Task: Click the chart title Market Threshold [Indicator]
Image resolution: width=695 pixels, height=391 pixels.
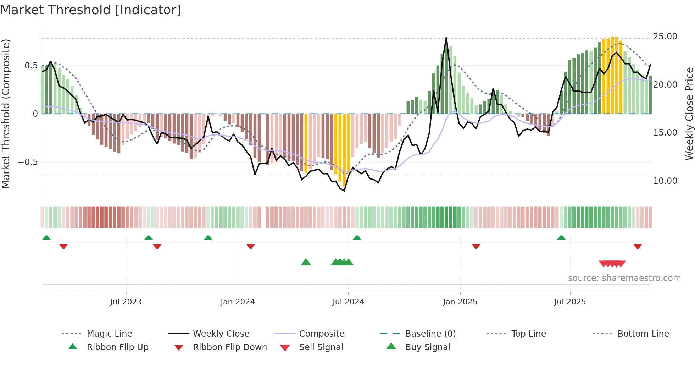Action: click(91, 10)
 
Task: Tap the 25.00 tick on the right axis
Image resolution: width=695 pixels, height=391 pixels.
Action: click(665, 37)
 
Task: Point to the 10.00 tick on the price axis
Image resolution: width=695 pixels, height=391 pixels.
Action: click(665, 181)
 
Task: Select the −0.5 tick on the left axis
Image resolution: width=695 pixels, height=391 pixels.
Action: click(28, 162)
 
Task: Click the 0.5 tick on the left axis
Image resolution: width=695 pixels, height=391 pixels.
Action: click(31, 66)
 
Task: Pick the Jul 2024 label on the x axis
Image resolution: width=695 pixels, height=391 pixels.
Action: click(348, 302)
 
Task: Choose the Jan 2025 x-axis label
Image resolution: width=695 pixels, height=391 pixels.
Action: click(460, 302)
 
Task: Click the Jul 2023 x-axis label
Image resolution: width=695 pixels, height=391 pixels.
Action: click(126, 302)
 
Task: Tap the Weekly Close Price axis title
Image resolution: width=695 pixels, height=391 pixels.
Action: click(689, 114)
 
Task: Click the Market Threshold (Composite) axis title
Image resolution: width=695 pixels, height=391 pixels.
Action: click(6, 114)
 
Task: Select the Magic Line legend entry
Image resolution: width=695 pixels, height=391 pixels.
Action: click(109, 334)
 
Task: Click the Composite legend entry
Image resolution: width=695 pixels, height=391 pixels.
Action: click(322, 334)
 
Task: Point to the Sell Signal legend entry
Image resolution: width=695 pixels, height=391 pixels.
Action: click(321, 347)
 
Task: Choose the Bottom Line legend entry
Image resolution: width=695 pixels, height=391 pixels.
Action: click(643, 334)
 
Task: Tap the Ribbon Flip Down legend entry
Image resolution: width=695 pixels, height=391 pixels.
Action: click(230, 347)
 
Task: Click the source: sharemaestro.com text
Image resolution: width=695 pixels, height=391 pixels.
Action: click(624, 278)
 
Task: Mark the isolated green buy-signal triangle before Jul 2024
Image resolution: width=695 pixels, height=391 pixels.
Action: click(306, 262)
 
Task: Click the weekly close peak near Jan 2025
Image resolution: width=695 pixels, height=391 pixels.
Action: click(446, 38)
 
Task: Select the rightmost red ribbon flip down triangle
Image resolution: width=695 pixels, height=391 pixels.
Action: click(638, 246)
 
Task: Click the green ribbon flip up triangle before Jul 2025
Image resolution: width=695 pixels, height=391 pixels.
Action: click(561, 238)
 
